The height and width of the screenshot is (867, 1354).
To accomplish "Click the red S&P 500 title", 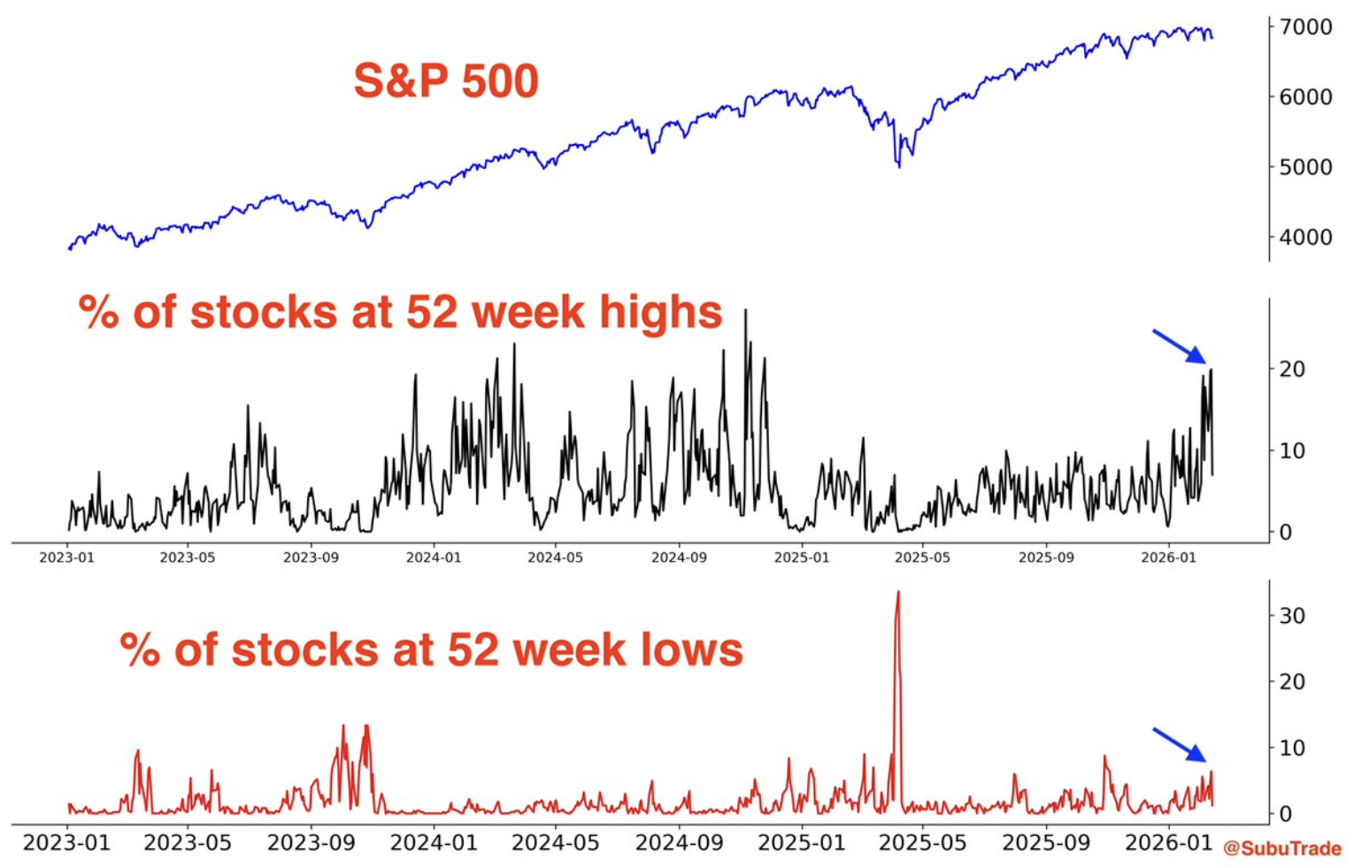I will (x=446, y=81).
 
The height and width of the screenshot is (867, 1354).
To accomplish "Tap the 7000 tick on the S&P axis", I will (x=1305, y=27).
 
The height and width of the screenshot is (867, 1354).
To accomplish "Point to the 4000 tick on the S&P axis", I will (x=1305, y=237).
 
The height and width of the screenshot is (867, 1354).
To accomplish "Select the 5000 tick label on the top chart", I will (x=1305, y=167).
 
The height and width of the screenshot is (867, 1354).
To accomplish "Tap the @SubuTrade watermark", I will (x=1282, y=848).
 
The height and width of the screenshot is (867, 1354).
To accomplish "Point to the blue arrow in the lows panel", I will (x=1179, y=744).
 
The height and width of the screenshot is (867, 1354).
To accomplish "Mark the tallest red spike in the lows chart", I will (x=898, y=593).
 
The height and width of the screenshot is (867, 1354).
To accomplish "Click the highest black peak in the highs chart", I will (x=745, y=311).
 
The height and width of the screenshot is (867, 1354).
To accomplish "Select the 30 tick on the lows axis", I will (x=1292, y=616).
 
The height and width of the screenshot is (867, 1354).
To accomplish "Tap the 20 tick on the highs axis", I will (x=1292, y=369).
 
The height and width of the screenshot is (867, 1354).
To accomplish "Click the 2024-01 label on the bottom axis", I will (x=434, y=842).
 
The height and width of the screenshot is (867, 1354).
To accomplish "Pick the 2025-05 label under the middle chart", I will (x=922, y=557).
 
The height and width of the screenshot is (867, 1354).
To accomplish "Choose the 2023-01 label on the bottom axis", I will (x=66, y=842).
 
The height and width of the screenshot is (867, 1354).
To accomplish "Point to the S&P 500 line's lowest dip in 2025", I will (x=899, y=165).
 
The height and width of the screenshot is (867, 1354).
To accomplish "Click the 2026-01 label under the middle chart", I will (x=1168, y=557).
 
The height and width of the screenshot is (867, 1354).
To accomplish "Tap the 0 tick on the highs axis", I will (x=1286, y=533).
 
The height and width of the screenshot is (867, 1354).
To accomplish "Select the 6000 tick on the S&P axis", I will (x=1305, y=97).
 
